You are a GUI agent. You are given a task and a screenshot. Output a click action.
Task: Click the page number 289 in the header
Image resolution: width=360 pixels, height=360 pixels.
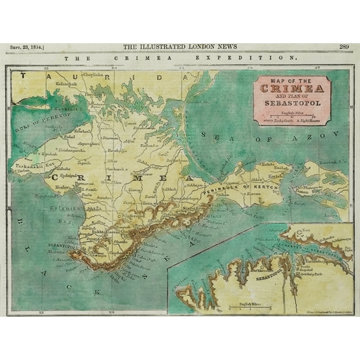[343, 46]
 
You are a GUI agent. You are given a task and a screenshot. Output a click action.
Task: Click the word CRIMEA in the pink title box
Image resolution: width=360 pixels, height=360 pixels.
[291, 88]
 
